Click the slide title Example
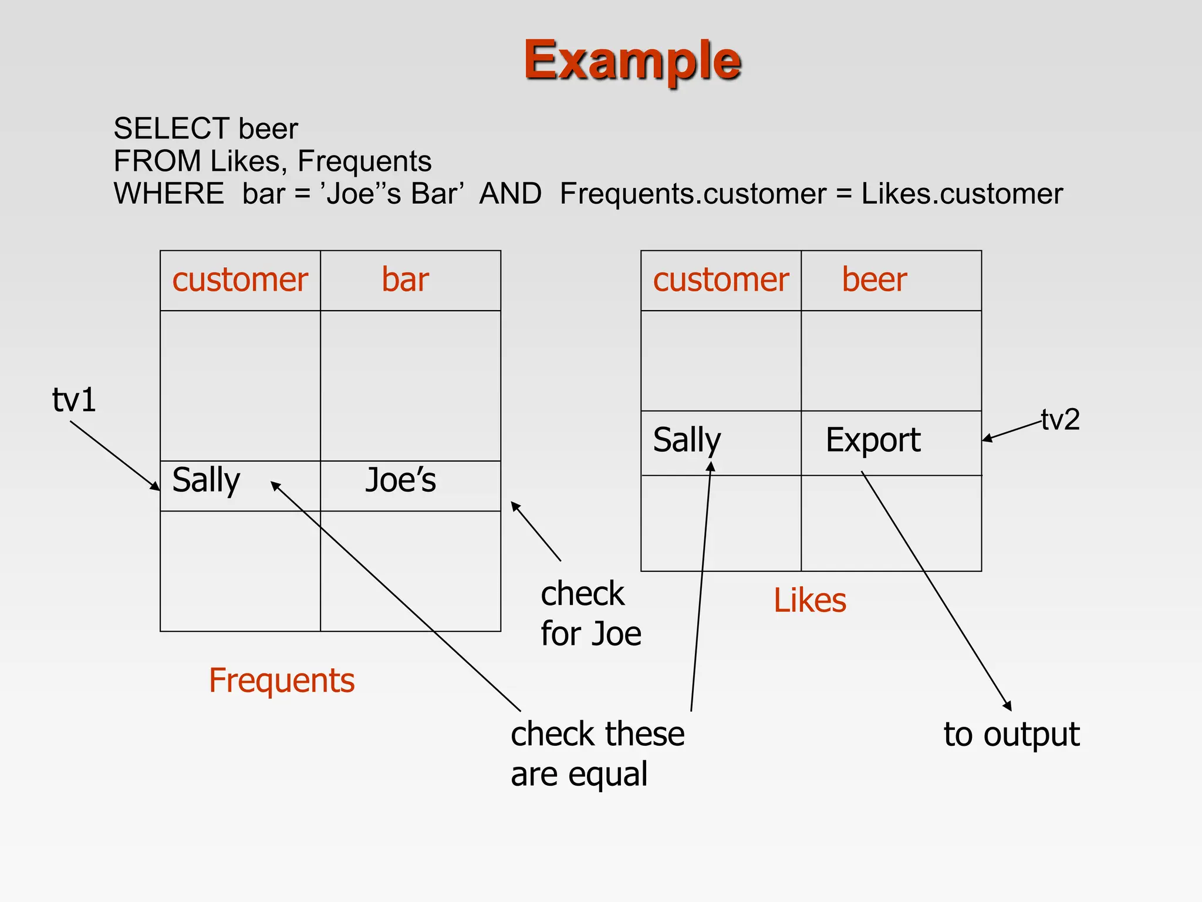click(632, 60)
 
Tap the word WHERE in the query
click(168, 194)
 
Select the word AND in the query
click(510, 194)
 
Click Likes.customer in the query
click(961, 194)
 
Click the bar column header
click(405, 280)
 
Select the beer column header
click(874, 280)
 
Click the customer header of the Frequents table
click(240, 280)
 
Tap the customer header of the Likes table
click(721, 280)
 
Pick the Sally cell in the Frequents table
click(207, 480)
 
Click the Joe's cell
click(401, 480)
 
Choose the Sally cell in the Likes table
click(687, 440)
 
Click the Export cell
click(873, 440)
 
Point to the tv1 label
click(74, 400)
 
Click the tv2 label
click(1061, 420)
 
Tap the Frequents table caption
click(282, 681)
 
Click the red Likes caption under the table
click(810, 601)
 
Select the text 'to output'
click(1011, 735)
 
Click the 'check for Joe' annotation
click(590, 614)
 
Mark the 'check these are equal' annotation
click(597, 754)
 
